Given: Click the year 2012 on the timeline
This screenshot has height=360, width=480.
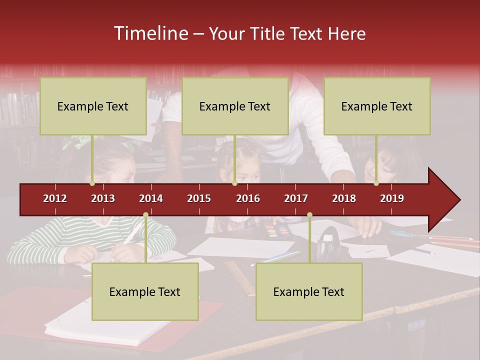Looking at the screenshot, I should [x=55, y=198].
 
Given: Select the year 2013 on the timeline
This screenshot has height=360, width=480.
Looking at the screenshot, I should [x=103, y=198].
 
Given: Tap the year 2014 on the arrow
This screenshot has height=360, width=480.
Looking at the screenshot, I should [x=151, y=198].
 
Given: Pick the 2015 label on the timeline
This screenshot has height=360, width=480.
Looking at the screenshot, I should [x=199, y=198].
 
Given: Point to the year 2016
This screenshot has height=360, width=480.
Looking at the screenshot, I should [x=248, y=198].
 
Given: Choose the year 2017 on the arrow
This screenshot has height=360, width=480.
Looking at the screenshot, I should [x=296, y=198].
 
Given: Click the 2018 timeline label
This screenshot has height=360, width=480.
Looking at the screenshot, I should [x=344, y=198].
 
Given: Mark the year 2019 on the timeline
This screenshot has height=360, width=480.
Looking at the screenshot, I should [x=392, y=198].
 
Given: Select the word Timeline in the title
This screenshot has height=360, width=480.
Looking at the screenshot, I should [x=149, y=33].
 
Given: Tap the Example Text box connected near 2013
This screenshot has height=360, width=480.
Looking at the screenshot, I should [x=93, y=106].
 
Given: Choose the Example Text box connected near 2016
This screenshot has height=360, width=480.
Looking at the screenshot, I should [x=235, y=106].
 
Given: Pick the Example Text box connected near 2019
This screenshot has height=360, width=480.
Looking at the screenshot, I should [x=377, y=106].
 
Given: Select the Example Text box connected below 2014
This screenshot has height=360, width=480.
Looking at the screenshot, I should [x=145, y=291].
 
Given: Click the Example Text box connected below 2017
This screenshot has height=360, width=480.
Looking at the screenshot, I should [x=309, y=291].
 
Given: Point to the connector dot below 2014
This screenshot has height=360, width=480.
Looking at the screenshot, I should [x=145, y=215].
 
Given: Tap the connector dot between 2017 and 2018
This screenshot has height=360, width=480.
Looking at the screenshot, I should [x=309, y=215].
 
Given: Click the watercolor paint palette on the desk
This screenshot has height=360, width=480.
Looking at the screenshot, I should [x=278, y=231].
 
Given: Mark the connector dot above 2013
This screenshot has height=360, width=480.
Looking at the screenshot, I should [x=92, y=183].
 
